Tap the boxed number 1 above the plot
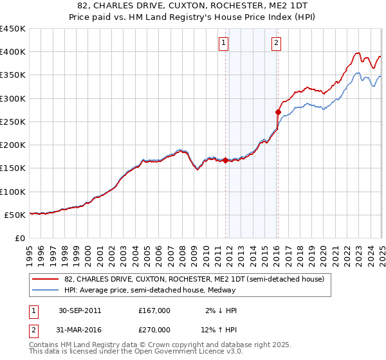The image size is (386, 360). tap(223, 43)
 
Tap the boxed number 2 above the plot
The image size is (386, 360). tap(276, 43)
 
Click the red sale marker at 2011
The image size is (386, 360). tap(226, 161)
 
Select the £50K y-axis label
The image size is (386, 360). tap(15, 215)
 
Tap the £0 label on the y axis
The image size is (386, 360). tap(21, 238)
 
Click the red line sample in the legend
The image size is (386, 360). tap(47, 279)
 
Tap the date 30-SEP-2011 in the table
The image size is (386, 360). tap(80, 310)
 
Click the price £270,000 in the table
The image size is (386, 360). tap(154, 331)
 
